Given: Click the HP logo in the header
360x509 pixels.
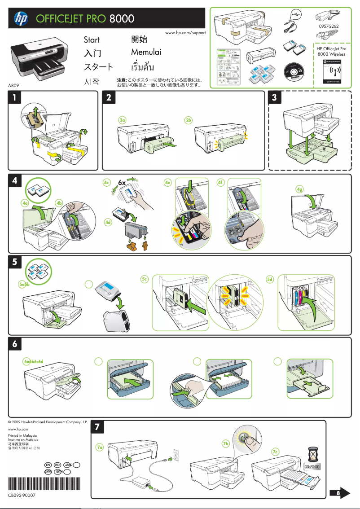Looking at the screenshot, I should click(21, 18).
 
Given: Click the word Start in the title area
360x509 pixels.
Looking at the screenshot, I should click(92, 40).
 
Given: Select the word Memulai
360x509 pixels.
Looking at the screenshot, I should click(146, 52).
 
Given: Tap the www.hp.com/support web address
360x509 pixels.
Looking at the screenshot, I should click(185, 33).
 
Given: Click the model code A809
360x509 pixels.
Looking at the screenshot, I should click(13, 84).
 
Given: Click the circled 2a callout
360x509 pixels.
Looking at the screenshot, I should click(122, 120).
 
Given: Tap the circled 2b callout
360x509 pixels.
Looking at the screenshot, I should click(189, 120).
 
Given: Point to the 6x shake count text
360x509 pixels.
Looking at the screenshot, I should click(123, 182).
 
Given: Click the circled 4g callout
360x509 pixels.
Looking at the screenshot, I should click(300, 189).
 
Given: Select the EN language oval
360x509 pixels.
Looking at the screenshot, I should click(48, 465).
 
